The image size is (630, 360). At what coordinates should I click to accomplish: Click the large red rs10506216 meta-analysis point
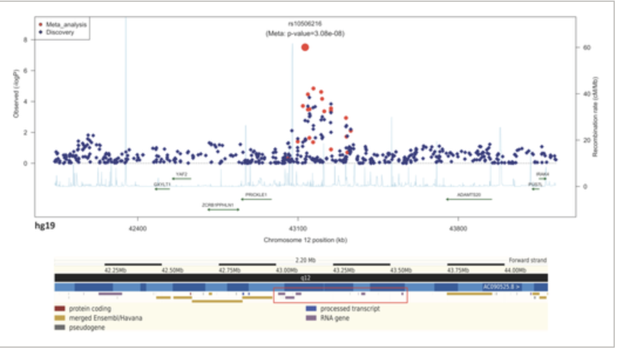pyautogui.click(x=304, y=47)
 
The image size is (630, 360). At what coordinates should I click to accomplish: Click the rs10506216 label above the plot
pyautogui.click(x=304, y=25)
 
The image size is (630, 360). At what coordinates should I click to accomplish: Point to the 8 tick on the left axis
pyautogui.click(x=25, y=40)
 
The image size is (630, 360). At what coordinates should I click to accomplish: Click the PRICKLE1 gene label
pyautogui.click(x=256, y=194)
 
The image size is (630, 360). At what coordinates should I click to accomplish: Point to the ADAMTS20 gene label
pyautogui.click(x=469, y=194)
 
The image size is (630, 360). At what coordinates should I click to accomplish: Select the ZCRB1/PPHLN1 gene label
pyautogui.click(x=218, y=205)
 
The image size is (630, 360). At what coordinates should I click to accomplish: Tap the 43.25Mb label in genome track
pyautogui.click(x=344, y=270)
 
